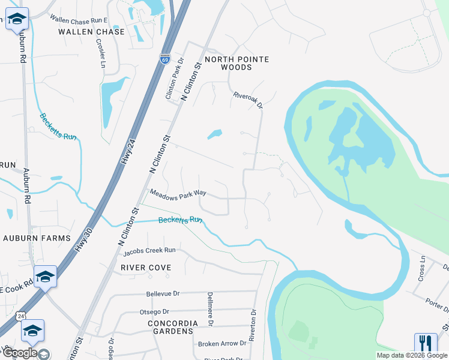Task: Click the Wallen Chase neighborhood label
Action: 92,31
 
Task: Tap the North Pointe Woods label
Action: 237,63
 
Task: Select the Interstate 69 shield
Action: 165,59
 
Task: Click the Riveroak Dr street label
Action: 248,100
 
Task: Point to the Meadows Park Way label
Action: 178,194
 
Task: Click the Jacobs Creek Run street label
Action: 154,250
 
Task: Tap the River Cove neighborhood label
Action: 146,267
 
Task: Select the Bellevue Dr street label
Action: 163,294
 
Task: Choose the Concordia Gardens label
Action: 172,327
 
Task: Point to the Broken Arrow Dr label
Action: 222,343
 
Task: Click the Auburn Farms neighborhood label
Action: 37,238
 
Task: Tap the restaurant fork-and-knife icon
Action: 426,344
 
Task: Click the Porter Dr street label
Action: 437,304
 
